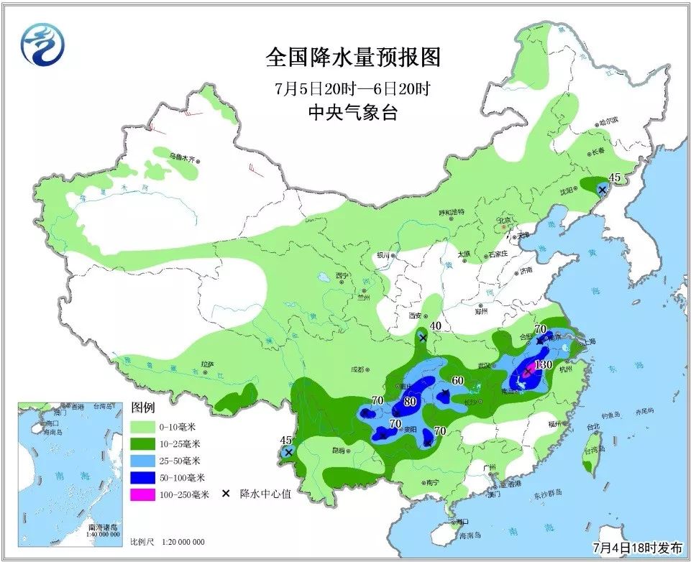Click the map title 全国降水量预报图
352,57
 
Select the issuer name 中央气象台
352,113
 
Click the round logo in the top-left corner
42,45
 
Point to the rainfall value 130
543,365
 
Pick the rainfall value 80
411,402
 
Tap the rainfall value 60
457,380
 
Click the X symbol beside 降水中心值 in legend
225,494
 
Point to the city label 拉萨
207,365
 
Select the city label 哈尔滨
608,122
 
